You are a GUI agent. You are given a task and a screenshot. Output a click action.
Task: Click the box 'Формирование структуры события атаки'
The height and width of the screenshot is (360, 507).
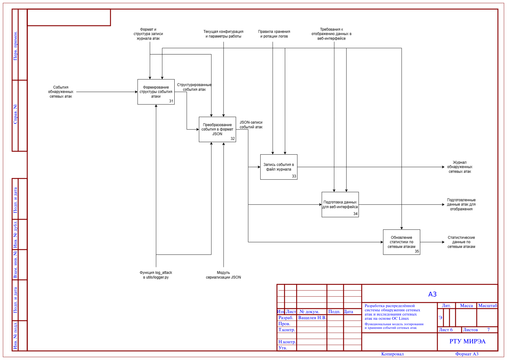[x=156, y=92]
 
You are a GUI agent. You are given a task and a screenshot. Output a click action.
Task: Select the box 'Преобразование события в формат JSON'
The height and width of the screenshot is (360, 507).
[x=218, y=129]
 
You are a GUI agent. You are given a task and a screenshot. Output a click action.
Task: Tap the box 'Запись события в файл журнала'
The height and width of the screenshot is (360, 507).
[x=279, y=167]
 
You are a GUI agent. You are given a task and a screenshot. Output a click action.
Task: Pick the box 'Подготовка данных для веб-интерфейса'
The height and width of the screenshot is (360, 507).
[x=341, y=205]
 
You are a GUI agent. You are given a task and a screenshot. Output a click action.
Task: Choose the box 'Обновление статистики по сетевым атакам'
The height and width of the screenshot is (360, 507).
[x=402, y=242]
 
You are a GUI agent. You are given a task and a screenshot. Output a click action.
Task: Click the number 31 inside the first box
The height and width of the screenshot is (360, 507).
[x=171, y=101]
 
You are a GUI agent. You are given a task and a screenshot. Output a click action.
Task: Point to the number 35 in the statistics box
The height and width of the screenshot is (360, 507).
[x=417, y=251]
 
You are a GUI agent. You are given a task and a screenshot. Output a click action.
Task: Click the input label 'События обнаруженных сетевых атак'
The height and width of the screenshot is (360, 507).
[x=61, y=92]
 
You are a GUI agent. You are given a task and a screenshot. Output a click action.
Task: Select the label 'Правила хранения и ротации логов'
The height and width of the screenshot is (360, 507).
[x=274, y=34]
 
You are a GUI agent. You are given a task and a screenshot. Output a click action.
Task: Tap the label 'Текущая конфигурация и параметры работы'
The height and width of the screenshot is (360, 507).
[x=223, y=34]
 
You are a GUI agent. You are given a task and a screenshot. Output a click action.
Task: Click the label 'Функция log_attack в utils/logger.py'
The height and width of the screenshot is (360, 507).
[x=156, y=275]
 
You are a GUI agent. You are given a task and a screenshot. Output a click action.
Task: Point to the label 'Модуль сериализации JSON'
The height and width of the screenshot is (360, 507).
[x=223, y=275]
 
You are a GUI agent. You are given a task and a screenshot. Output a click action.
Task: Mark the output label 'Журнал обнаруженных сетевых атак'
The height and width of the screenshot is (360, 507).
[x=460, y=167]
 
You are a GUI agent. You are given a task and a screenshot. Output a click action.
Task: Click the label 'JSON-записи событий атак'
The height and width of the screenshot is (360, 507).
[x=251, y=125]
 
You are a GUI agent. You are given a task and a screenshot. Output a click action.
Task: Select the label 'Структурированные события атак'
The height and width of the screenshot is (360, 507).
[x=194, y=87]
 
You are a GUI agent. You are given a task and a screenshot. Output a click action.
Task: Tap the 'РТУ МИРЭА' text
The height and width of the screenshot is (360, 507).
[x=468, y=342]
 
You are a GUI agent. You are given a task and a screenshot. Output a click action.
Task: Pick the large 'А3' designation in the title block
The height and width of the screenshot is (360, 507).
[x=433, y=294]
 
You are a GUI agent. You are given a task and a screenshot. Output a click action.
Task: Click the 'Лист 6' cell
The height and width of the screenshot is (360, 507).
[x=446, y=330]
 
